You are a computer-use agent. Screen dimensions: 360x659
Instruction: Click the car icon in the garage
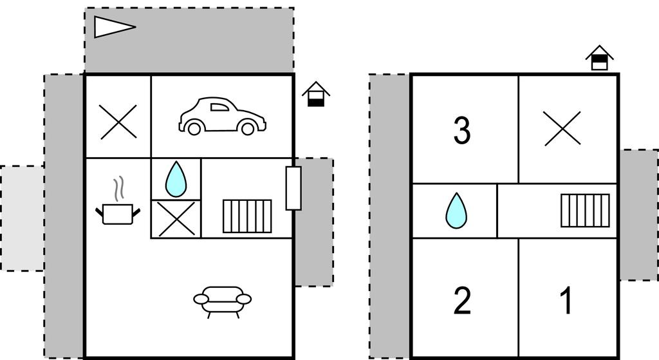(223, 117)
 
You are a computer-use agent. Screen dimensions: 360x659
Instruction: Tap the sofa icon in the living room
(223, 300)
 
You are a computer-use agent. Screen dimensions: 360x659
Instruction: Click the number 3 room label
(462, 130)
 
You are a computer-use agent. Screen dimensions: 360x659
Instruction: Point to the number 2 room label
(462, 301)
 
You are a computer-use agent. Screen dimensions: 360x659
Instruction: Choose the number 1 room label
(566, 301)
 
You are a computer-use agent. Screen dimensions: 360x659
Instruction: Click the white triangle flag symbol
(113, 27)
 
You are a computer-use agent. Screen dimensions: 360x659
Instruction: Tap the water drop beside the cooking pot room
(176, 179)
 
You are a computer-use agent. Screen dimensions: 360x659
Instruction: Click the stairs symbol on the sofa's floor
(247, 216)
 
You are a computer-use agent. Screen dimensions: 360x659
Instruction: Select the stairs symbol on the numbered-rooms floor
(585, 210)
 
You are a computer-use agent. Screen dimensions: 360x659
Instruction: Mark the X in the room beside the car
(118, 122)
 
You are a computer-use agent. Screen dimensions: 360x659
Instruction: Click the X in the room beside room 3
(562, 128)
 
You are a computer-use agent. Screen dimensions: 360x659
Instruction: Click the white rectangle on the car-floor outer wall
(293, 188)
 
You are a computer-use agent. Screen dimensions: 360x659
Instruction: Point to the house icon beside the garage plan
(316, 94)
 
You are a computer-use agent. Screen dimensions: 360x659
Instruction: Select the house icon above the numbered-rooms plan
(599, 58)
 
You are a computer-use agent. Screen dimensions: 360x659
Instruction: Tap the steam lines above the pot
(118, 189)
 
